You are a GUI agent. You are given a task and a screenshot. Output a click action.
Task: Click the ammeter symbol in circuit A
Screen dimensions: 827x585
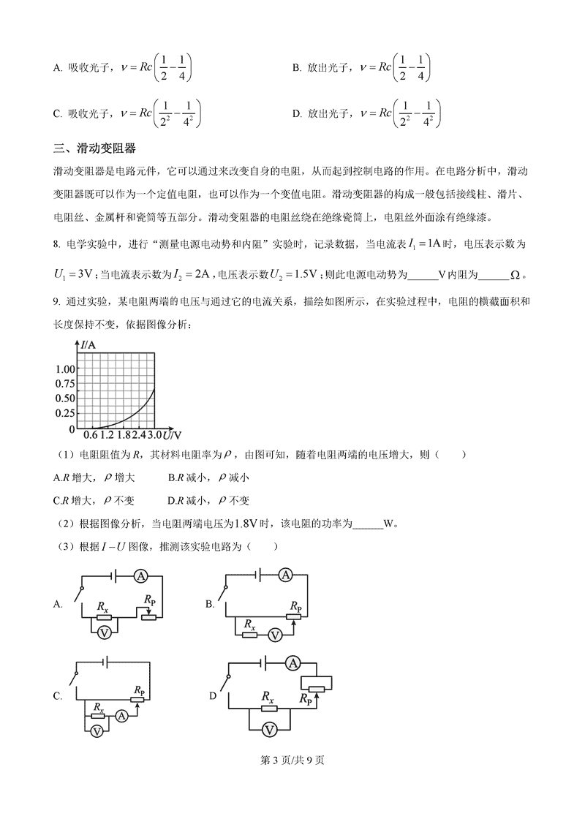tap(140, 576)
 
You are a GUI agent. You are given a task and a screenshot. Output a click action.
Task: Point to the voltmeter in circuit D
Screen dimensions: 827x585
tap(269, 730)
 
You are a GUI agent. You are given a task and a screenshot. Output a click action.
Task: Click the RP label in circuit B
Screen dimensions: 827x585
tap(295, 606)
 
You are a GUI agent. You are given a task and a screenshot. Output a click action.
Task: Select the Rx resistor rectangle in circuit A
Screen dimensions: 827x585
tap(104, 617)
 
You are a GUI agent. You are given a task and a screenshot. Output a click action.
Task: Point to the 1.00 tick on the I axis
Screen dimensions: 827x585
tap(65, 369)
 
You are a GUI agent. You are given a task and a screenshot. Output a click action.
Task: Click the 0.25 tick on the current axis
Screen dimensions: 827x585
tap(65, 413)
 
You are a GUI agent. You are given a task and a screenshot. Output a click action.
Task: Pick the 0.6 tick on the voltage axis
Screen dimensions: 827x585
tap(91, 437)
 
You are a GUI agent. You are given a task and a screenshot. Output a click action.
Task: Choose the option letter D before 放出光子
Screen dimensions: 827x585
tap(296, 113)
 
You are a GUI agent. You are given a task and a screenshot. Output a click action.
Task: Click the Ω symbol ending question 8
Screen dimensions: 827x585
tap(514, 275)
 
